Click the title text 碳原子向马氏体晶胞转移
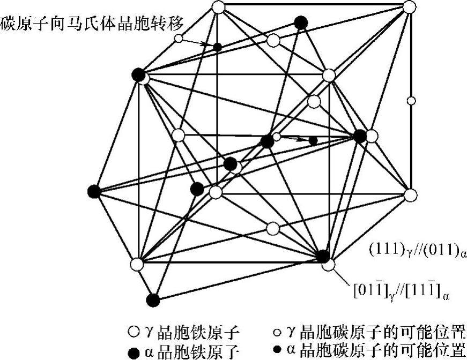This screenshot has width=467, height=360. (92, 24)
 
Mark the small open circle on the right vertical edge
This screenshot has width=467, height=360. (411, 100)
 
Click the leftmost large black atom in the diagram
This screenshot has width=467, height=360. (94, 191)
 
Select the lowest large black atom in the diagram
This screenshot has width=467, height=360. (153, 300)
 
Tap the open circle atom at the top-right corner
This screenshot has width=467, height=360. (409, 7)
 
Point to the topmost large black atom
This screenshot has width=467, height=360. (301, 22)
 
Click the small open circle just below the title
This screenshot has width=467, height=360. (179, 38)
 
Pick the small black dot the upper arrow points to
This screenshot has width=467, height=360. (217, 47)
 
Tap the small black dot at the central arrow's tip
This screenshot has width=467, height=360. (313, 140)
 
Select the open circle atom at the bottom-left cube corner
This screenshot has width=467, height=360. (137, 264)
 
